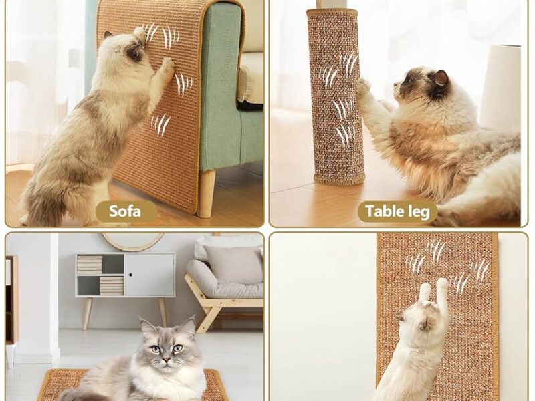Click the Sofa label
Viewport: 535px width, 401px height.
click(125, 211)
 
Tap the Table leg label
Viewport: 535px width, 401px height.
click(397, 211)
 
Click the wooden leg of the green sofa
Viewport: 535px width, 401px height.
click(207, 193)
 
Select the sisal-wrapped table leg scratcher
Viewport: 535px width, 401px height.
click(334, 97)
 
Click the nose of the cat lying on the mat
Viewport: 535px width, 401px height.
click(166, 360)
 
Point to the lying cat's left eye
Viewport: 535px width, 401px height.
click(177, 348)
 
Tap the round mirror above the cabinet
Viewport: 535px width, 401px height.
click(133, 241)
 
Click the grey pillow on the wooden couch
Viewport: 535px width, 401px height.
click(233, 263)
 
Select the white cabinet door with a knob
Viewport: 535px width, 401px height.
click(150, 275)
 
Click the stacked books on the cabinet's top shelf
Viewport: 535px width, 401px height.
click(90, 265)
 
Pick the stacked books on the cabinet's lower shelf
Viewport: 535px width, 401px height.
click(112, 286)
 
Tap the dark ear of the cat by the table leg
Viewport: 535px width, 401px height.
click(441, 78)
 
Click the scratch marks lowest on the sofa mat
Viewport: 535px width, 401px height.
click(160, 125)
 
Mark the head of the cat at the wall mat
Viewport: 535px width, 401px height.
click(420, 318)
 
